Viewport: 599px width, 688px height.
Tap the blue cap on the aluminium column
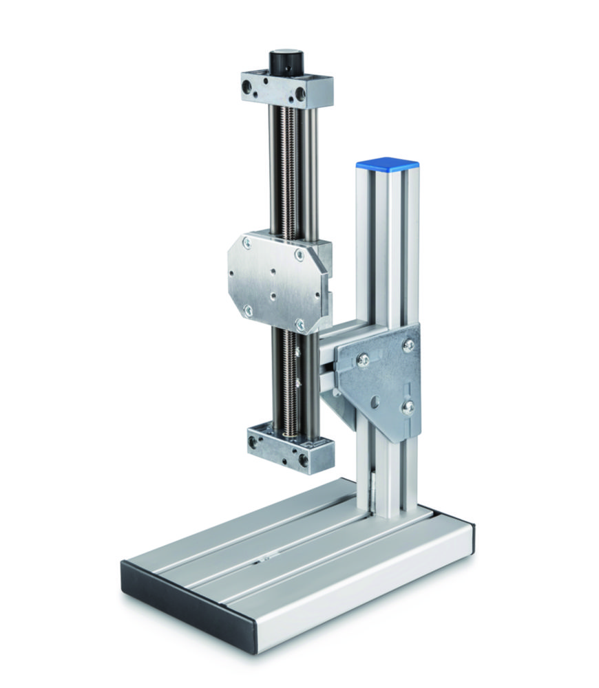[x=387, y=165]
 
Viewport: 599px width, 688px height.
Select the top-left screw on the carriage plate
[x=246, y=241]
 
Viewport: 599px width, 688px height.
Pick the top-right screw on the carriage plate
[x=299, y=255]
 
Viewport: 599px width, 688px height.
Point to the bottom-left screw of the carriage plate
[x=248, y=311]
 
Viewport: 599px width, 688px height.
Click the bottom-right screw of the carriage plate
[x=301, y=323]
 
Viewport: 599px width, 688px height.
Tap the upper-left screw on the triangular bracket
[x=363, y=359]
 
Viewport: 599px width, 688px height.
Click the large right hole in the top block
[x=301, y=92]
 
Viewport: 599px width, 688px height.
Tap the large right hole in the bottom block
[x=304, y=459]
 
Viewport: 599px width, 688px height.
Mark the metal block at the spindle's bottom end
[x=290, y=450]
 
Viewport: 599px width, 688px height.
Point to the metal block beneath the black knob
[x=286, y=89]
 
